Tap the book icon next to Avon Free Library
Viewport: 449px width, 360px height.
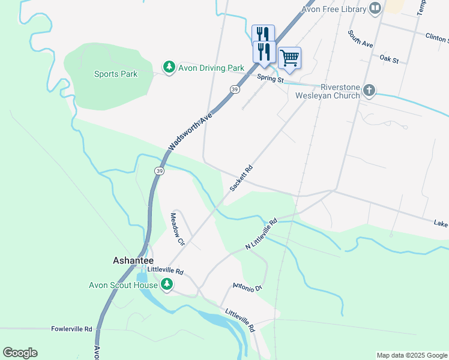pos(375,8)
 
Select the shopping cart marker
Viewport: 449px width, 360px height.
pos(289,58)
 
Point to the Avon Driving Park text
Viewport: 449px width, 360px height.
pos(211,68)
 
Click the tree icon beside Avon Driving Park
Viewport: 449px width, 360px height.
pos(169,67)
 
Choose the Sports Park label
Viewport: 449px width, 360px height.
pos(116,74)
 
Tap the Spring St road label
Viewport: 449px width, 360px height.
pos(270,79)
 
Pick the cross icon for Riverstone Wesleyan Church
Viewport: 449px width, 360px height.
pos(369,91)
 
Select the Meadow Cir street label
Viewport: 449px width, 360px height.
pos(176,229)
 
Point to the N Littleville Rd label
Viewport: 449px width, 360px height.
pos(261,235)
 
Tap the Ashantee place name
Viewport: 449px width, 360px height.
pos(133,261)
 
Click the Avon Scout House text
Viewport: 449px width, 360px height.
pos(123,285)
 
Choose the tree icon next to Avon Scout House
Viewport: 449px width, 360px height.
pos(168,285)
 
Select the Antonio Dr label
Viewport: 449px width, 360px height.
pos(248,287)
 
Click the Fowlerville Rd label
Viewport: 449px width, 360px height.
pos(71,329)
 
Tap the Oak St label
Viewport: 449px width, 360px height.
pos(389,58)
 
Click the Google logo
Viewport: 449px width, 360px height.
pos(20,353)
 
